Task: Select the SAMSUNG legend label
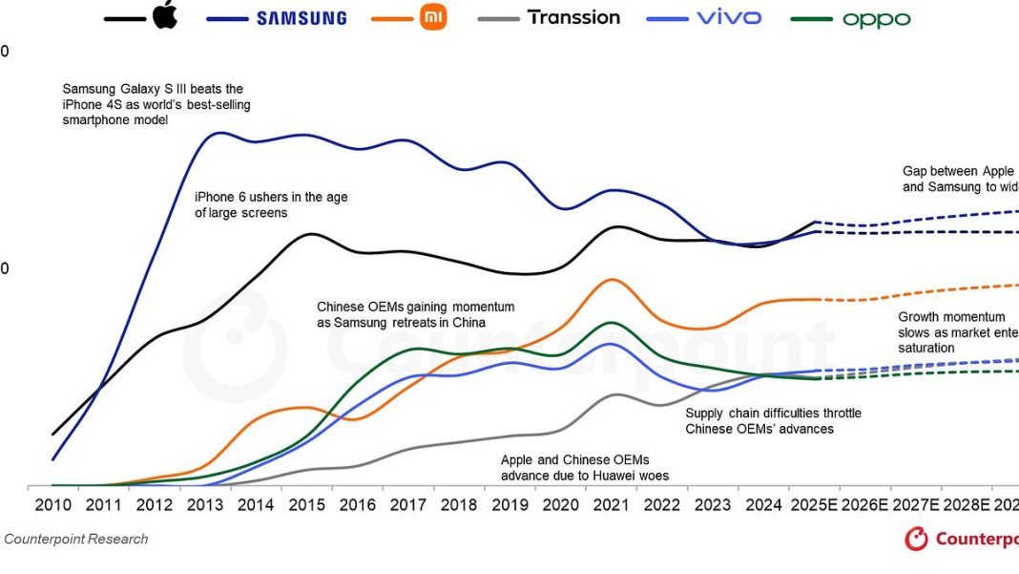301,18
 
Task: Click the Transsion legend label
573,17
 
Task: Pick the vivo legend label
729,17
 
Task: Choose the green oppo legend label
876,19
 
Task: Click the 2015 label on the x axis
306,503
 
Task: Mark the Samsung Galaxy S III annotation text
156,104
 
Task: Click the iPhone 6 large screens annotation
271,204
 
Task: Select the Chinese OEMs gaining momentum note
415,314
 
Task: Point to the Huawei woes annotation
585,467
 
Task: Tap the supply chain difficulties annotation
773,421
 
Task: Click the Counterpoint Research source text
76,540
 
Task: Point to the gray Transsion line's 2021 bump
617,393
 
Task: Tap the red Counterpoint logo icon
916,540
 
